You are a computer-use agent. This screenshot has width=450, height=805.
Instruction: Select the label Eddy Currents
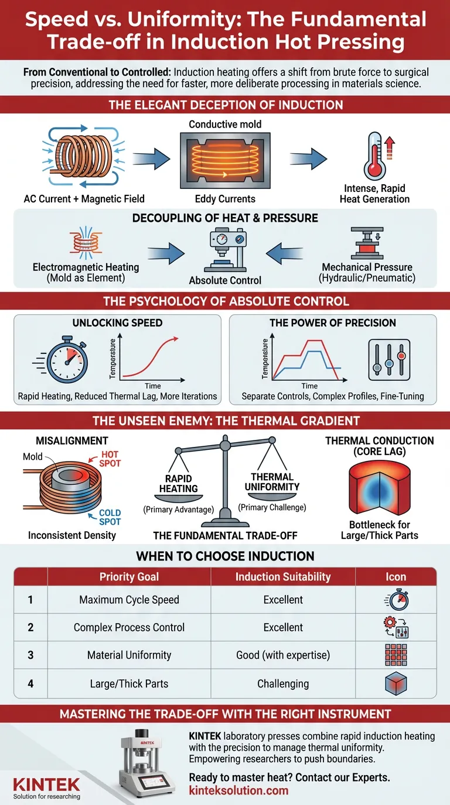[225, 199]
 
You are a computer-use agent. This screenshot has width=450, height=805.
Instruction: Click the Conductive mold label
[225, 124]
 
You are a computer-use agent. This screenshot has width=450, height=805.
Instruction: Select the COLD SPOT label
[110, 517]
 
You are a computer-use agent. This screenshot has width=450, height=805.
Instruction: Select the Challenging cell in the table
[283, 683]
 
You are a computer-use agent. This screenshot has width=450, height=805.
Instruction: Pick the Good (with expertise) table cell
[283, 655]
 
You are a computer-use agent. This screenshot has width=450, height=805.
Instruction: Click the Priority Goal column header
[129, 577]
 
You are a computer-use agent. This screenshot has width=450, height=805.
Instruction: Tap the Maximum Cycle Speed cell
[129, 600]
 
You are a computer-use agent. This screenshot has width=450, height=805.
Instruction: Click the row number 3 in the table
[30, 655]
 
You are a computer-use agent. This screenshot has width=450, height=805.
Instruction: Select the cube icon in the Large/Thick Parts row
[396, 683]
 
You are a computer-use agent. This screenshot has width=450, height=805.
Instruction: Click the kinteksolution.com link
[238, 790]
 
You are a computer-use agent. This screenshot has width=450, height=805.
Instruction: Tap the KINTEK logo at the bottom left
[46, 784]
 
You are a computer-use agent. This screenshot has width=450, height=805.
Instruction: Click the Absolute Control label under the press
[225, 280]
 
